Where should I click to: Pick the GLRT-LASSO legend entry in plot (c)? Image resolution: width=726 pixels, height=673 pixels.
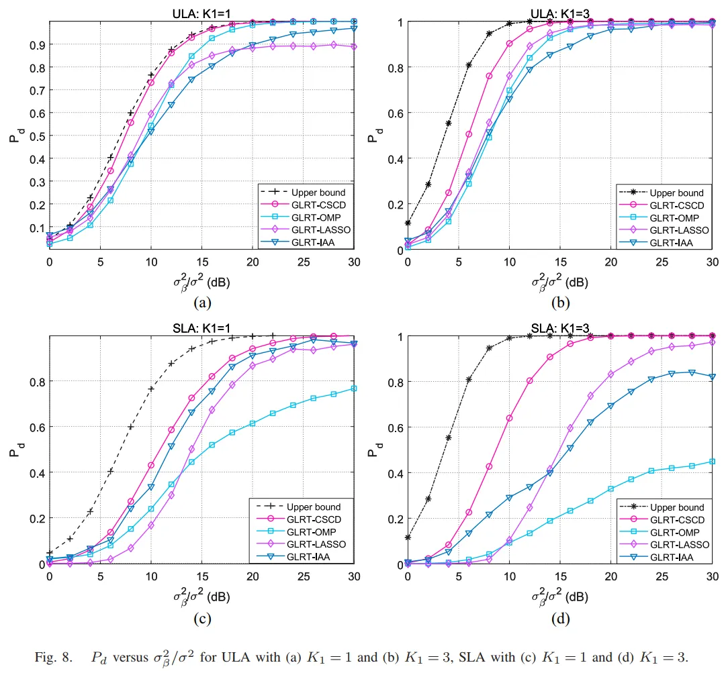click(x=318, y=544)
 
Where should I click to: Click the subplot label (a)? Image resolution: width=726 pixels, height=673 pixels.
click(x=202, y=303)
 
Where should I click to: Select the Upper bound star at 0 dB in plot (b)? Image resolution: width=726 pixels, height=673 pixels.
click(x=408, y=223)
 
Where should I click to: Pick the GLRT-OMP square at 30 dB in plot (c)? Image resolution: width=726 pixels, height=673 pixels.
click(x=355, y=389)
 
